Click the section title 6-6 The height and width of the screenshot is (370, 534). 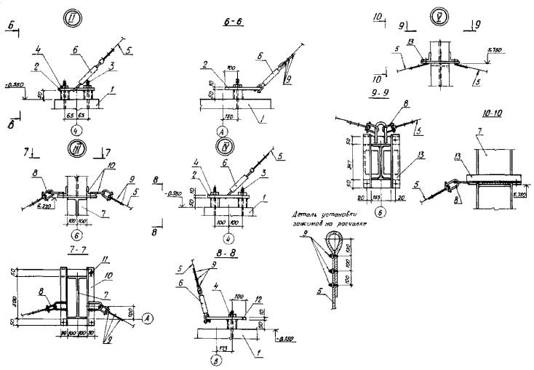coord(233,22)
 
